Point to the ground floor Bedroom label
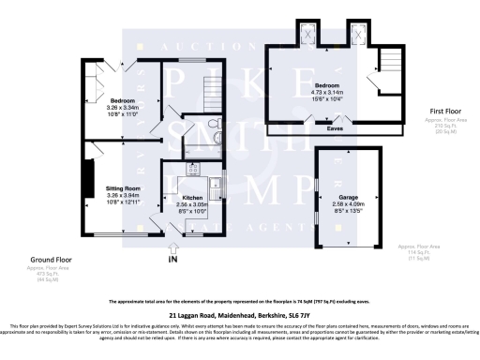[123, 100]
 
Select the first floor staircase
[387, 65]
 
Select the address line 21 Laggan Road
[239, 316]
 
